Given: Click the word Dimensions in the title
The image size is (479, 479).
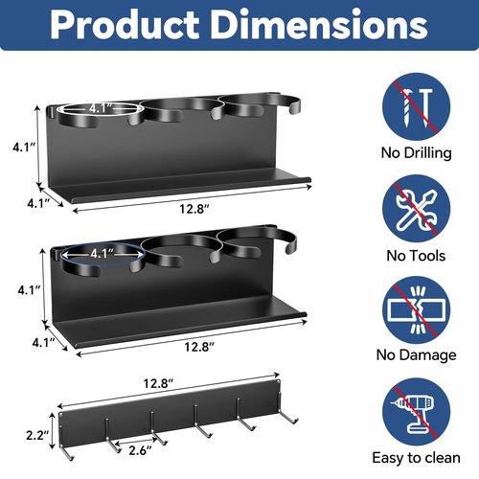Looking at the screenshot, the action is click(x=319, y=25).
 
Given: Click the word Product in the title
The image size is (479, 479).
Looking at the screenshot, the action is click(x=125, y=25).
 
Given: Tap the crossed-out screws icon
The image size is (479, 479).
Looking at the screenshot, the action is click(x=417, y=107).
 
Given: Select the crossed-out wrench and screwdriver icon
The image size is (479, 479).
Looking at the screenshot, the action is click(x=417, y=209).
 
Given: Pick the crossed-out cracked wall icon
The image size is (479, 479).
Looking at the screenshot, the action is click(x=417, y=310).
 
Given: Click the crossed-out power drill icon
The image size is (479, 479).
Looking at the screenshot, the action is click(x=417, y=412).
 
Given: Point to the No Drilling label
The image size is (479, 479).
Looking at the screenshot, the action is click(x=417, y=153).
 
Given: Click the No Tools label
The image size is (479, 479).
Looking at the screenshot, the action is click(x=416, y=256).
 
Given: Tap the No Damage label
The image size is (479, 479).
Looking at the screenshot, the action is click(x=417, y=355).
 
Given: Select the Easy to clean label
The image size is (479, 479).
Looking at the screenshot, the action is click(x=417, y=458).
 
